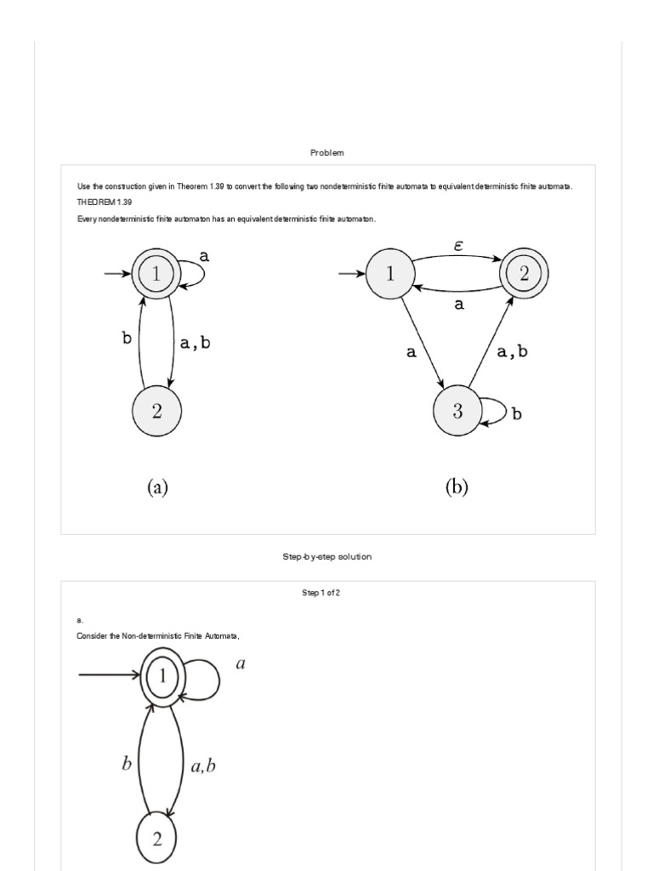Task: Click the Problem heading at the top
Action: [327, 152]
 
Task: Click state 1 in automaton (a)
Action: [156, 273]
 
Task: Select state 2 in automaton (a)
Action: [156, 411]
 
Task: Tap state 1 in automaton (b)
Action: [390, 273]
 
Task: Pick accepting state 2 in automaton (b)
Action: [524, 273]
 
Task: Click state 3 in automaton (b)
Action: [457, 412]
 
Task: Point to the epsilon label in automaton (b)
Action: [458, 246]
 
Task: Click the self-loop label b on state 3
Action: [516, 416]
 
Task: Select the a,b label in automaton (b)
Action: [513, 350]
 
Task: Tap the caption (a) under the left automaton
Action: [157, 487]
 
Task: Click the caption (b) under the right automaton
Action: [457, 487]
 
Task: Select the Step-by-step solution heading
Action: [327, 556]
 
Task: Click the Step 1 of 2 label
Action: [327, 593]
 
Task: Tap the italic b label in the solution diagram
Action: [126, 763]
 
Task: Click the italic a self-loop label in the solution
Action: [240, 664]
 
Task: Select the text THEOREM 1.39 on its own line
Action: [104, 202]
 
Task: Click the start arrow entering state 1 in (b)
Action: [351, 274]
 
